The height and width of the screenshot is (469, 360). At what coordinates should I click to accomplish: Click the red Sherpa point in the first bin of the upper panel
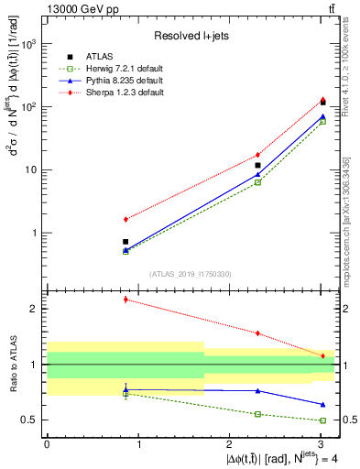tap(125, 219)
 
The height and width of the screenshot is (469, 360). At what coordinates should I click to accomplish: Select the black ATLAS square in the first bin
tap(125, 242)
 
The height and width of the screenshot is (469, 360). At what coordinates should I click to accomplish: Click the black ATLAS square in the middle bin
tap(258, 165)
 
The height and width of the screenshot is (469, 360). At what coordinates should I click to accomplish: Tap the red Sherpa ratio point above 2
tap(125, 300)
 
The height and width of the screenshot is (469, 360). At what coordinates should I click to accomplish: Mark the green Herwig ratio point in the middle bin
tap(258, 414)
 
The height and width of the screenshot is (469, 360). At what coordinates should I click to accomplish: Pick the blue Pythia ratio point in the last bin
tap(322, 404)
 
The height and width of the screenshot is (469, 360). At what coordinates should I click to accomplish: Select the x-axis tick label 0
tap(47, 443)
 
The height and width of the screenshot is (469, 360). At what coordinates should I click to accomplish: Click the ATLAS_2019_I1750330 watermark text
tap(190, 274)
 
